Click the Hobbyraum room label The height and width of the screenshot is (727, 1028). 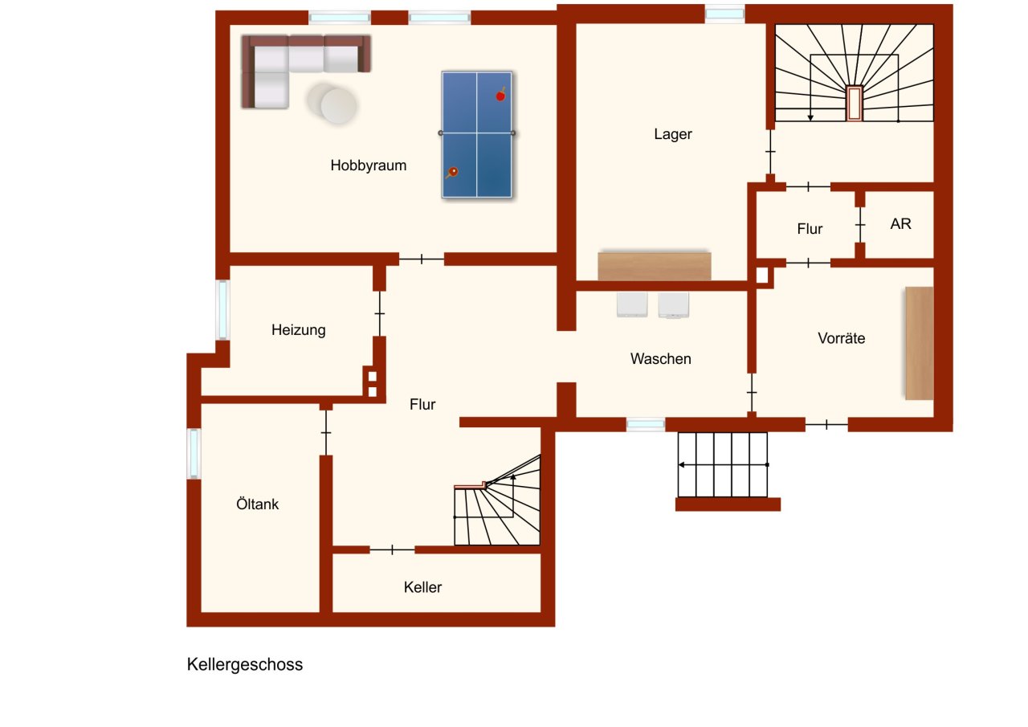click(x=368, y=166)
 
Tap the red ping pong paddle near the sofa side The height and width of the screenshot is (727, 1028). click(x=454, y=171)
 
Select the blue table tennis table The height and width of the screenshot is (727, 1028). click(x=477, y=134)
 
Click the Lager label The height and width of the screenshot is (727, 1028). click(x=673, y=134)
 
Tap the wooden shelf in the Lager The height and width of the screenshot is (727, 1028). click(x=655, y=266)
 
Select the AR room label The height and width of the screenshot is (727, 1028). click(x=901, y=224)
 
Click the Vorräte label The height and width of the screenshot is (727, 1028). click(x=842, y=338)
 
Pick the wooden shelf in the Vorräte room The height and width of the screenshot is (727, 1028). click(x=920, y=343)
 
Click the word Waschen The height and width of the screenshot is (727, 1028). click(x=660, y=359)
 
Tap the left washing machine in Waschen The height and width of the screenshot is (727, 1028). click(x=632, y=304)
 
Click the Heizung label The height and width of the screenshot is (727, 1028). click(x=298, y=329)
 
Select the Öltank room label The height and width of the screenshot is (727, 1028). click(x=257, y=504)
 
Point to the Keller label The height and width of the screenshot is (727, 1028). click(x=422, y=587)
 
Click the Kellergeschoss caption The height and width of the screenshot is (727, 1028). click(x=245, y=665)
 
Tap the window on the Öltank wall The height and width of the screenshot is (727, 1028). click(x=194, y=454)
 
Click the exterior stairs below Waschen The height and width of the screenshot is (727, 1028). click(x=723, y=465)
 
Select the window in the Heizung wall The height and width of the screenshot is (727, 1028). click(x=222, y=310)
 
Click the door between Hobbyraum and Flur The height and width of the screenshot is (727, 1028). click(x=422, y=259)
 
